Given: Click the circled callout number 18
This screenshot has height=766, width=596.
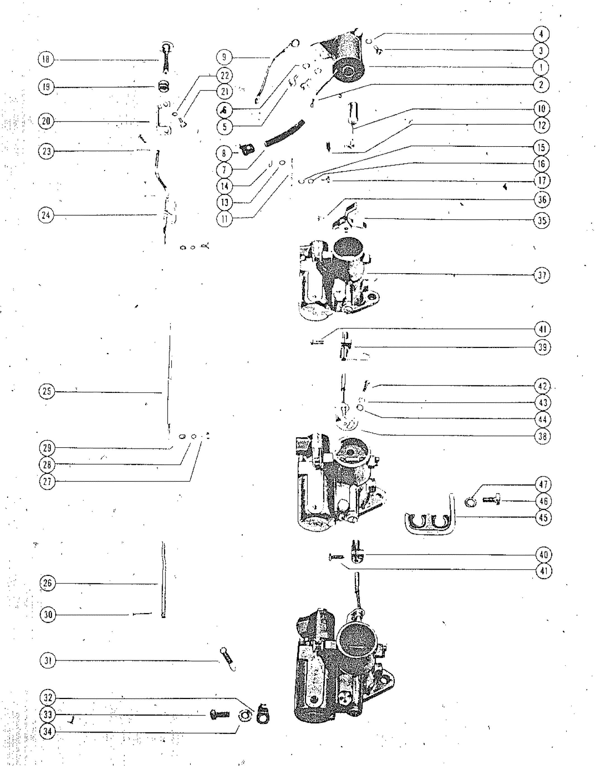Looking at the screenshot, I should [x=46, y=59].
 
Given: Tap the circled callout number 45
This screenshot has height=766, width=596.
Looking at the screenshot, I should [x=543, y=518].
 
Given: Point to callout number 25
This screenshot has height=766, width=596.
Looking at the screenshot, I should [x=47, y=392].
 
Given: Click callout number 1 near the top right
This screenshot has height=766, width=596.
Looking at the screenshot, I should [x=541, y=67].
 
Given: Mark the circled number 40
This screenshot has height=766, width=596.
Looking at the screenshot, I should [x=544, y=555].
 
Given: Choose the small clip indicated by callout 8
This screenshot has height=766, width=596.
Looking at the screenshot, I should [x=247, y=150].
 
